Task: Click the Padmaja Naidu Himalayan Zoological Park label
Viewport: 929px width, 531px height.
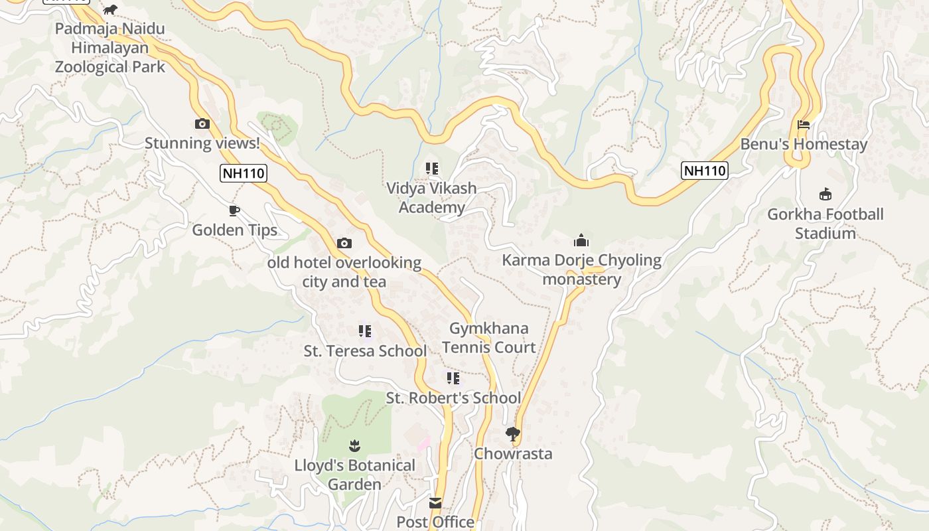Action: [109, 48]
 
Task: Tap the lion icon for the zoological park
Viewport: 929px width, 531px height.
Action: [110, 9]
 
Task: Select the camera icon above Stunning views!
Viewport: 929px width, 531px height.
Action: [202, 123]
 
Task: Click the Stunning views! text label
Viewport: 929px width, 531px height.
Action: [202, 143]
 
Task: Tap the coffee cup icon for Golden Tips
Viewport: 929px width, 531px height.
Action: [234, 211]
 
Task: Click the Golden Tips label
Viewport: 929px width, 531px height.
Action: [234, 230]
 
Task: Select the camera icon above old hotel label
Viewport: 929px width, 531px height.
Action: [344, 244]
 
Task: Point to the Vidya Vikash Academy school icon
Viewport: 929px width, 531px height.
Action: [432, 169]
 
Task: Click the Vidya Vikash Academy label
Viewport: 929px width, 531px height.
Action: [432, 198]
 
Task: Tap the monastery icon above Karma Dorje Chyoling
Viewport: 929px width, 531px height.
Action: [581, 240]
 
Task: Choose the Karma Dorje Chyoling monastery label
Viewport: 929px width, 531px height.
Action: [581, 269]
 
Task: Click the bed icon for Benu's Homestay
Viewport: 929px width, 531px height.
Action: [804, 125]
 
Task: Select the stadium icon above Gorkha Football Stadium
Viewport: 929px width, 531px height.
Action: [825, 194]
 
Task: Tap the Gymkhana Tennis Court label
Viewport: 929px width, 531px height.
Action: [489, 338]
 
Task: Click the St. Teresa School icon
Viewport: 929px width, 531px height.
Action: [364, 331]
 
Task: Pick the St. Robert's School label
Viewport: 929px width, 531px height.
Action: [453, 398]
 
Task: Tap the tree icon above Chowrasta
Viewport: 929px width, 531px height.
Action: [512, 434]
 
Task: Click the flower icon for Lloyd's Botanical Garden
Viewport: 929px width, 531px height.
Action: [354, 445]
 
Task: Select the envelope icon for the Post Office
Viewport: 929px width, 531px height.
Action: [435, 503]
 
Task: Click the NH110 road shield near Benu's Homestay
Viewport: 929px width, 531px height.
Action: [704, 171]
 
